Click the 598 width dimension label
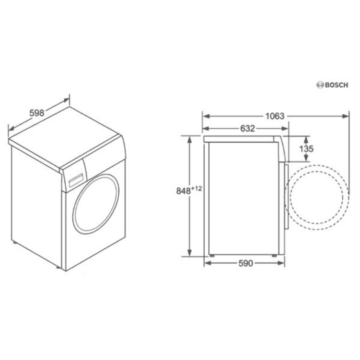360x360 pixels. coord(37,113)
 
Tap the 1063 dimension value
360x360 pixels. coord(275,116)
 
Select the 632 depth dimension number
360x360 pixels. coord(247,129)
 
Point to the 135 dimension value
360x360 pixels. coord(306,149)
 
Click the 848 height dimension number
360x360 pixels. coord(184,191)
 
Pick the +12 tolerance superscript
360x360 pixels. coord(197,189)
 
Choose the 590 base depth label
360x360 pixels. coord(245,263)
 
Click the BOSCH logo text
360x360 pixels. coord(337,85)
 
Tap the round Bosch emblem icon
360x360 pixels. coord(320,85)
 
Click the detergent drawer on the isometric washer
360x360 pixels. coord(76,180)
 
